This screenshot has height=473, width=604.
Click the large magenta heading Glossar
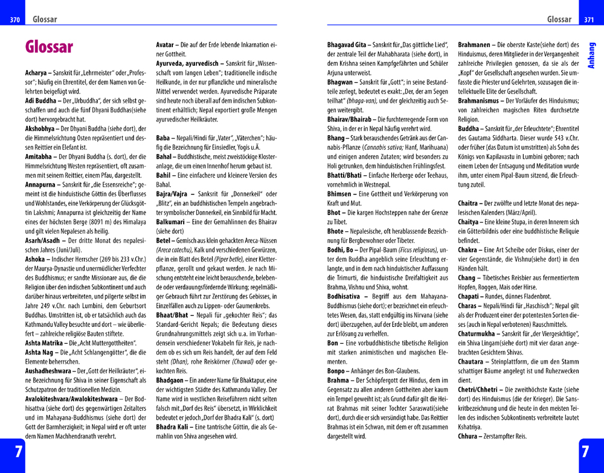(49, 47)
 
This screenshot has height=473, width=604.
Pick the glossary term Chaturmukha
(484, 332)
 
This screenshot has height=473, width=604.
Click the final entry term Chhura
(471, 436)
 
